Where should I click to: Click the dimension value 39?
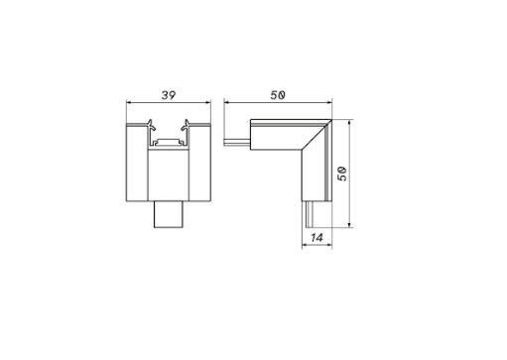[x=169, y=95]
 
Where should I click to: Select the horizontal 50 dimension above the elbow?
[x=278, y=95]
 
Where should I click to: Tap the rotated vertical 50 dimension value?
[x=342, y=174]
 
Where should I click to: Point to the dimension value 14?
[x=317, y=237]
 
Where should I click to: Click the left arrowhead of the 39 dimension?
[x=129, y=102]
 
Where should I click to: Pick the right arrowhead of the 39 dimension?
[x=207, y=102]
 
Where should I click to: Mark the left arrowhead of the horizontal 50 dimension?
[x=227, y=102]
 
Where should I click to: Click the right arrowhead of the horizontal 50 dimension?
[x=328, y=102]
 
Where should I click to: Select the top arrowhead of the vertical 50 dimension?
[x=350, y=123]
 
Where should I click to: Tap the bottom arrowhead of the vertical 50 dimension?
[x=350, y=224]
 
